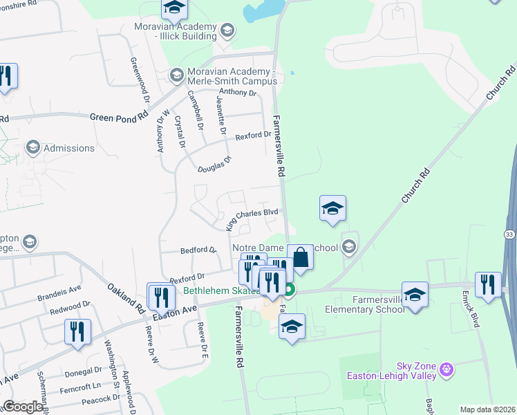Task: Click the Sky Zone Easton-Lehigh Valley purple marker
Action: pos(447,370)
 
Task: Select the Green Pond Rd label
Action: pos(119,117)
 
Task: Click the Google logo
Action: pos(23,407)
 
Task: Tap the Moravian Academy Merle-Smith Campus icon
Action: pos(176,73)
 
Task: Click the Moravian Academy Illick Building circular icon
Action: pos(227,30)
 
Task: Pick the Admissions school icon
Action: pos(32,147)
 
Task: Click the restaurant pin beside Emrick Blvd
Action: pos(488,284)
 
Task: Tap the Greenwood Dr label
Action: pos(139,75)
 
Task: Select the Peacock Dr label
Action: pos(101,399)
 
